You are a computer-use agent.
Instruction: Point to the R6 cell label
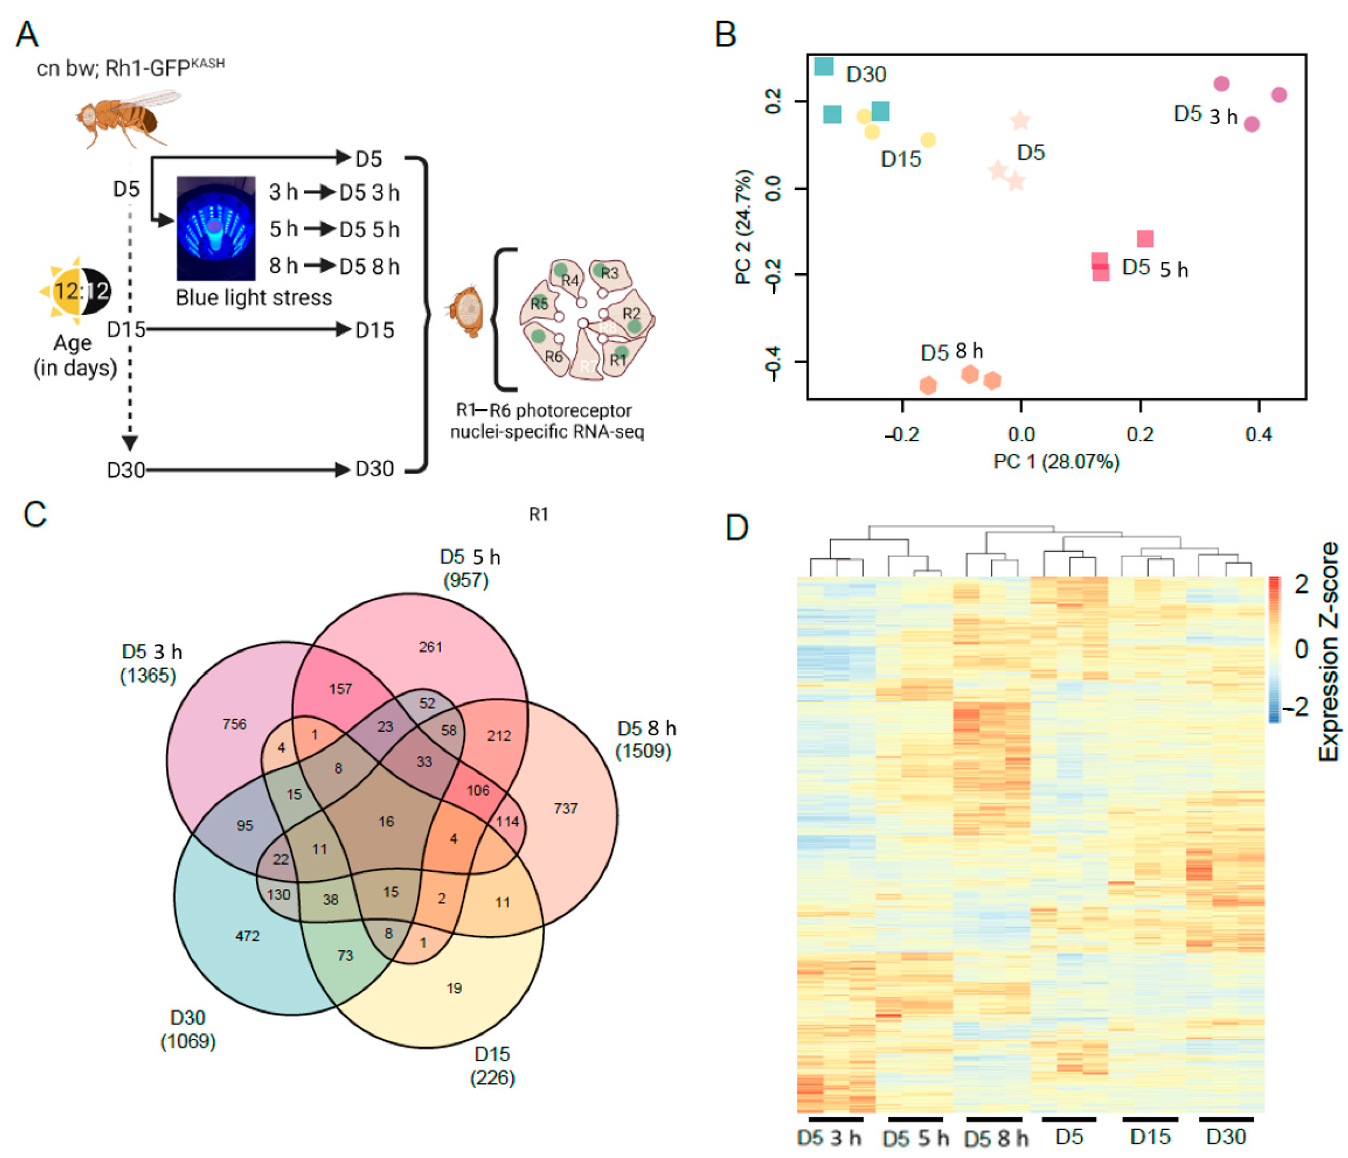pyautogui.click(x=554, y=356)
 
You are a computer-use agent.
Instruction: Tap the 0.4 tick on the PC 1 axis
pyautogui.click(x=1258, y=434)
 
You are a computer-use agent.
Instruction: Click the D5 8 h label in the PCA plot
pyautogui.click(x=951, y=352)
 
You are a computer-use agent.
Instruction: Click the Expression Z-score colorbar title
pyautogui.click(x=1329, y=651)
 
